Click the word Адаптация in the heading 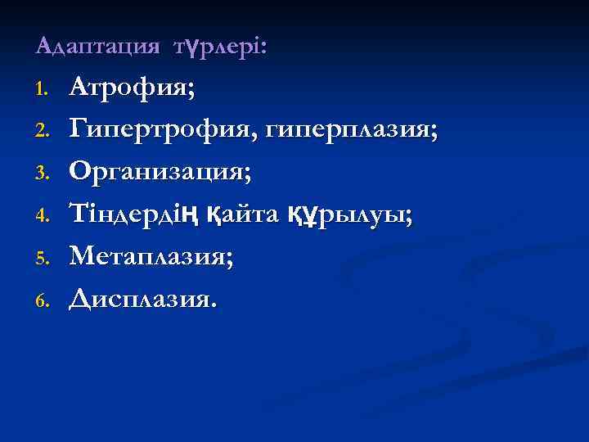click(97, 47)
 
